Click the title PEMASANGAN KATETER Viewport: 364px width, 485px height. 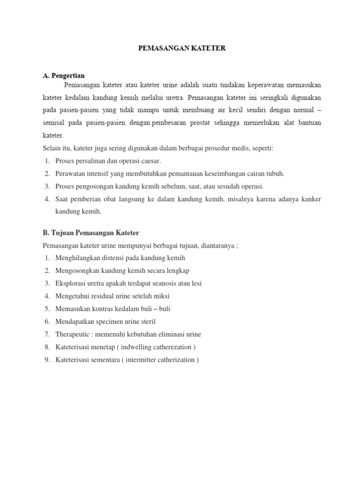(182, 48)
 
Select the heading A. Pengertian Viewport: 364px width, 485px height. (64, 76)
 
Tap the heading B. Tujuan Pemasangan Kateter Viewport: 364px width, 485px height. (91, 233)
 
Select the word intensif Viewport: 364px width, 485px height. (97, 174)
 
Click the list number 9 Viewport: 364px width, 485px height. (47, 360)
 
